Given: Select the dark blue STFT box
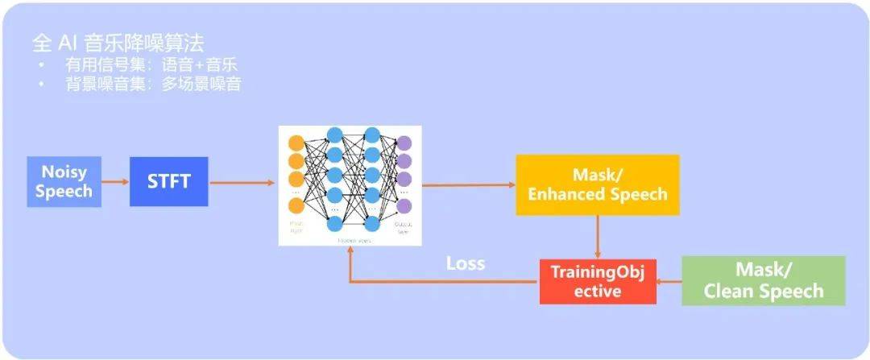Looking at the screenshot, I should coord(168,182).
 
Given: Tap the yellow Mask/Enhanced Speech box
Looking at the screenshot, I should coord(597,184).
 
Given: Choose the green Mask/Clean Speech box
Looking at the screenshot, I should coord(763,280).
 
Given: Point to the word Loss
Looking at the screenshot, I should coord(466,263).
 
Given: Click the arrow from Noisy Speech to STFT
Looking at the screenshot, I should coord(116,182).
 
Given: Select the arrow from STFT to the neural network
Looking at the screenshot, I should coord(242,183).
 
